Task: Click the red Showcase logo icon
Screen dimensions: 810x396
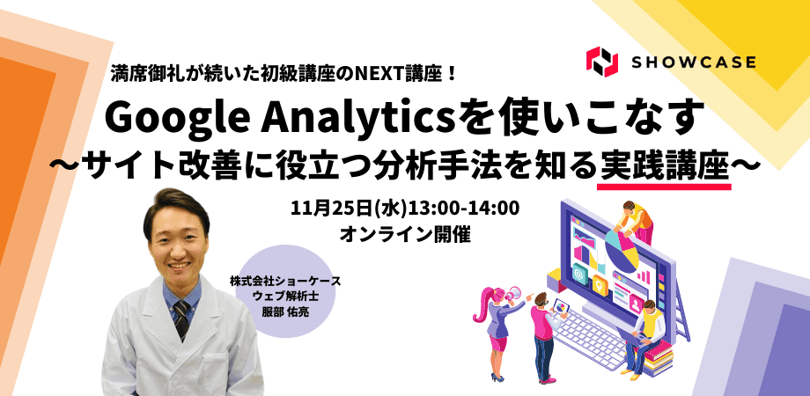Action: [x=602, y=62]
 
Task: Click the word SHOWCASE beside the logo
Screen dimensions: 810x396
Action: [x=694, y=62]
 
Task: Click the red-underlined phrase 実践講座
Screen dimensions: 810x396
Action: [x=664, y=165]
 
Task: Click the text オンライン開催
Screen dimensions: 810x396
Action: [x=405, y=235]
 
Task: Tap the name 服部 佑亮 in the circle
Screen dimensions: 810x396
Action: [x=285, y=313]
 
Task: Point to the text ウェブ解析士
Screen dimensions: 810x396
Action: [x=285, y=297]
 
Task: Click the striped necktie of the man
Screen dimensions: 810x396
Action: [x=181, y=319]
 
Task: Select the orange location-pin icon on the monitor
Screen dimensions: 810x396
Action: [x=600, y=285]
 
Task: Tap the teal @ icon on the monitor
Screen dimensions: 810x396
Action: [x=579, y=273]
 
